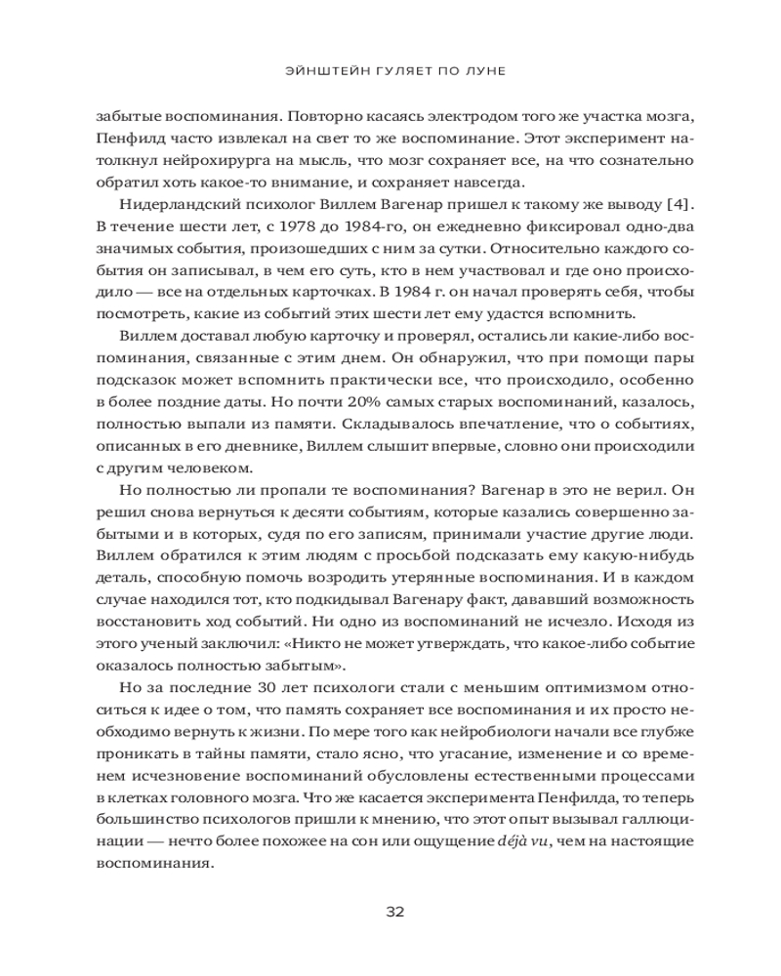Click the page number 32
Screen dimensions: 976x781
[390, 913]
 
